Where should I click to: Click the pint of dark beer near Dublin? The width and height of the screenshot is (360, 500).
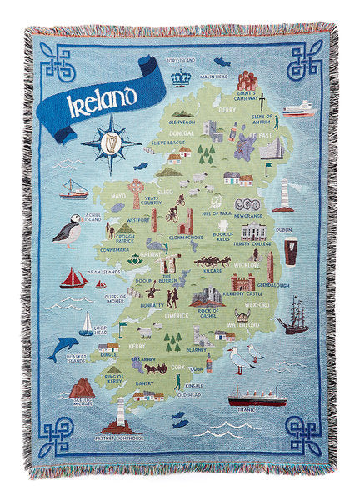pos(290,249)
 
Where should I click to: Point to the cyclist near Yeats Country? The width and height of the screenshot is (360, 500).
pos(172,212)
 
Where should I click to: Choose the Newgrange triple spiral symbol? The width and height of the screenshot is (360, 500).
pos(248,203)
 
